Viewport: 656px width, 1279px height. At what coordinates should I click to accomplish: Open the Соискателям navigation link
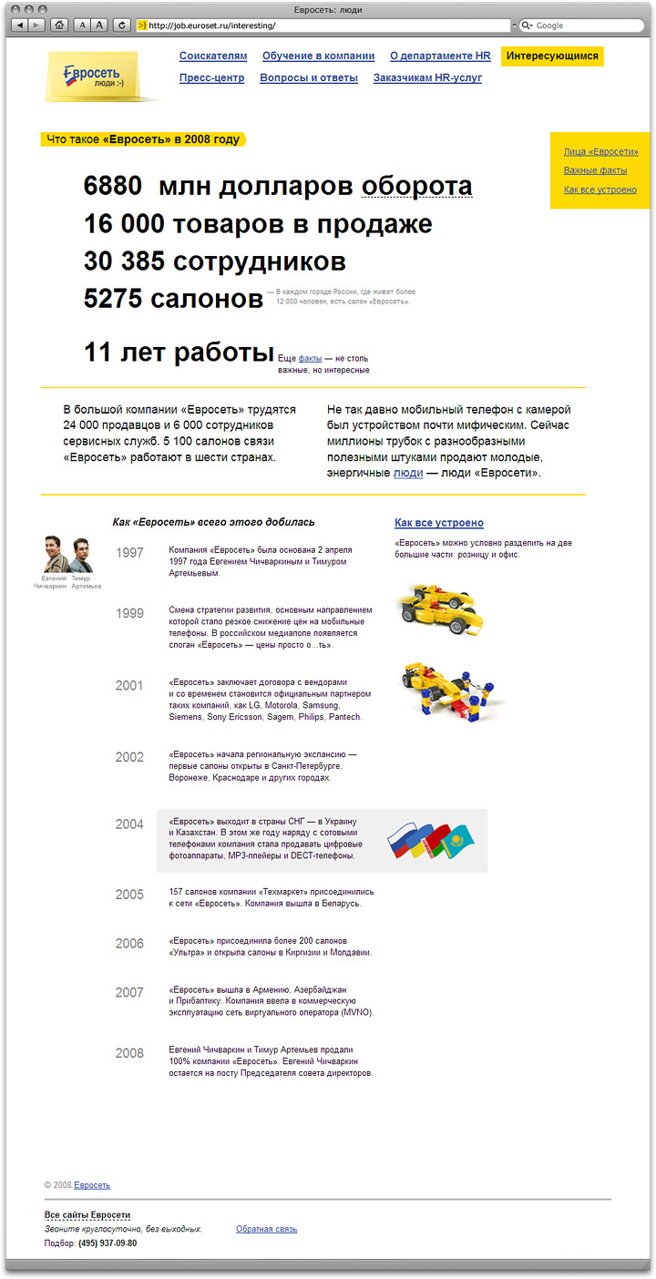point(213,56)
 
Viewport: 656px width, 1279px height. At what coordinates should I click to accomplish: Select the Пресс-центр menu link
point(211,78)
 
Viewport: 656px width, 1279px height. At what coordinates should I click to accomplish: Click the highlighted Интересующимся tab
point(552,56)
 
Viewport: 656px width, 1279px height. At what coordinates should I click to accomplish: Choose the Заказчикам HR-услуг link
point(427,78)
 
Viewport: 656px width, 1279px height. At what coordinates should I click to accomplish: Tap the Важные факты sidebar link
point(595,170)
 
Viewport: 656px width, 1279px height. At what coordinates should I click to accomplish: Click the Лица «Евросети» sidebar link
point(600,151)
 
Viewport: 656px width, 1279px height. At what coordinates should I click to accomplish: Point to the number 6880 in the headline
point(113,187)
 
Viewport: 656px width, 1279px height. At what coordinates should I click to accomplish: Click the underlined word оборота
point(416,187)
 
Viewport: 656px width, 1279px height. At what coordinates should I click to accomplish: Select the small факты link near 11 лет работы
point(310,360)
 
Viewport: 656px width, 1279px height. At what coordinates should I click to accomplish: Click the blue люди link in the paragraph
point(407,474)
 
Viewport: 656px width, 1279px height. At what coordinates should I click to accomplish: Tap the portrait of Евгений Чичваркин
point(52,555)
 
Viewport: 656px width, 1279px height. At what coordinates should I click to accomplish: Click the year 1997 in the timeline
point(129,553)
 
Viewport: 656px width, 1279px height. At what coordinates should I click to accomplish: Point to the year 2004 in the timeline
point(129,824)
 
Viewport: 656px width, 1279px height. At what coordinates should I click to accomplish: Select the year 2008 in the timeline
point(129,1054)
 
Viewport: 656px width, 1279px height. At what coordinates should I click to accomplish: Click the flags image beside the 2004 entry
point(428,840)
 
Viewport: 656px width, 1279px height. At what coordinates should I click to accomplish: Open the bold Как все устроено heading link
point(439,523)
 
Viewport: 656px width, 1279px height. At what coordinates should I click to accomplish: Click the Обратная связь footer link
point(266,1229)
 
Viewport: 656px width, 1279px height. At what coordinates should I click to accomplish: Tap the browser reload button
point(121,26)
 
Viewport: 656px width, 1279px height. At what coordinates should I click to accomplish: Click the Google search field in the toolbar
point(580,26)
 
